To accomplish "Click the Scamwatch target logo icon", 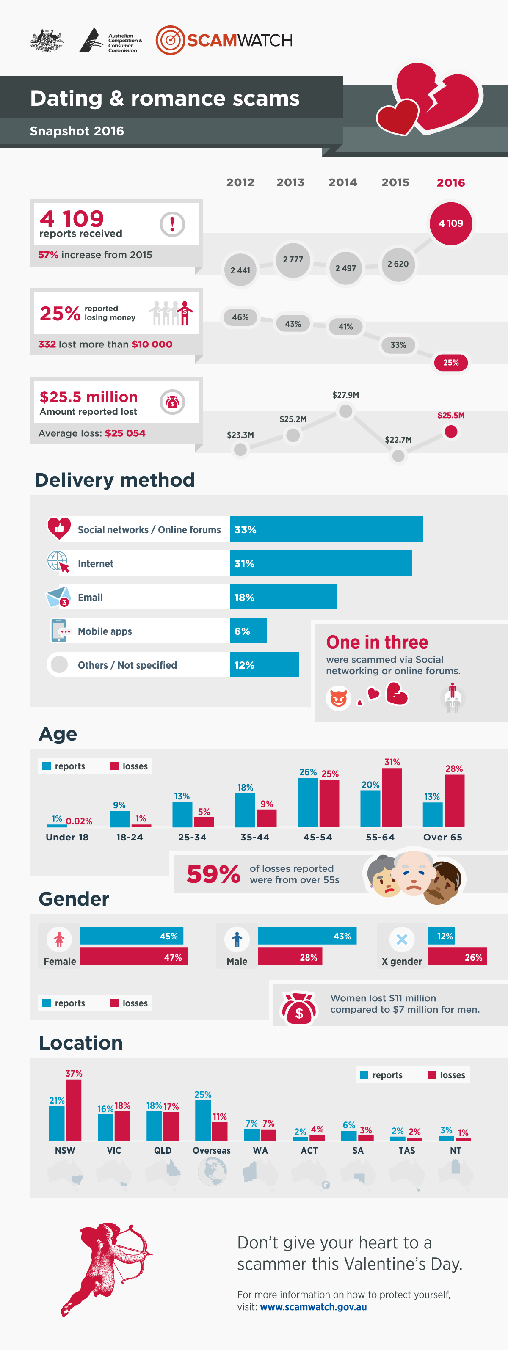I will pyautogui.click(x=170, y=40).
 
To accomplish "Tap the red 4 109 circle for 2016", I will pyautogui.click(x=450, y=223).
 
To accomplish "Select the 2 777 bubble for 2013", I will pyautogui.click(x=293, y=259).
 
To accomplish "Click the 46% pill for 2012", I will pyautogui.click(x=240, y=317).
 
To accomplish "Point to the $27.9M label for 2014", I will pyautogui.click(x=345, y=394).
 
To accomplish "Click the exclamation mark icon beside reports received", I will pyautogui.click(x=172, y=224).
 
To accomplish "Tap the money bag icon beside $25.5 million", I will pyautogui.click(x=172, y=402).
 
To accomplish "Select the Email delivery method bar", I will pyautogui.click(x=283, y=597).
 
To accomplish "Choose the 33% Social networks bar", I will pyautogui.click(x=326, y=529).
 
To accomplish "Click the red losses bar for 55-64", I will pyautogui.click(x=392, y=797).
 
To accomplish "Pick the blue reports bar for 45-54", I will pyautogui.click(x=308, y=802).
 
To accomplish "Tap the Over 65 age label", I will pyautogui.click(x=442, y=837).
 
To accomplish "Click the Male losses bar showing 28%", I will pyautogui.click(x=290, y=957).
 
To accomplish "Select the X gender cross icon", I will pyautogui.click(x=402, y=939).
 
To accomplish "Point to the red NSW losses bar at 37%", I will pyautogui.click(x=73, y=1110).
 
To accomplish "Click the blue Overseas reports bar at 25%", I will pyautogui.click(x=203, y=1120).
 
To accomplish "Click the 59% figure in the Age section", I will pyautogui.click(x=213, y=873).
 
